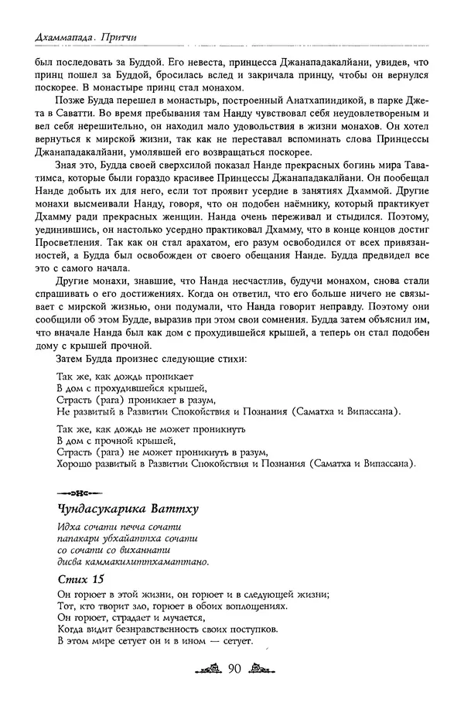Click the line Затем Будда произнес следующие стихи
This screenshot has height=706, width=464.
[x=152, y=360]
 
